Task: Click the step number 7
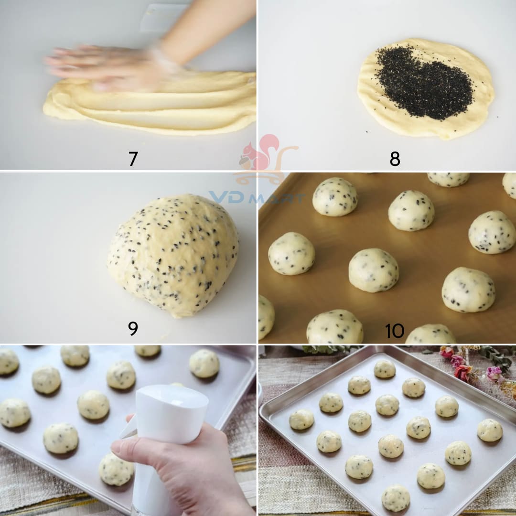click(x=133, y=159)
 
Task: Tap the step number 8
click(x=395, y=159)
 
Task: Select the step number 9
click(x=133, y=328)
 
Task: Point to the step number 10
click(x=394, y=331)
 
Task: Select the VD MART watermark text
click(x=257, y=197)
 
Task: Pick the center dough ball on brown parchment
click(x=374, y=270)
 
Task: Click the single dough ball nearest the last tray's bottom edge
click(x=396, y=497)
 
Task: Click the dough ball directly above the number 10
click(x=374, y=270)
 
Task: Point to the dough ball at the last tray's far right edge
click(x=490, y=430)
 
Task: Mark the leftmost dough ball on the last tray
click(x=301, y=419)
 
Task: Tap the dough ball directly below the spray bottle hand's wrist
click(x=116, y=470)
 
